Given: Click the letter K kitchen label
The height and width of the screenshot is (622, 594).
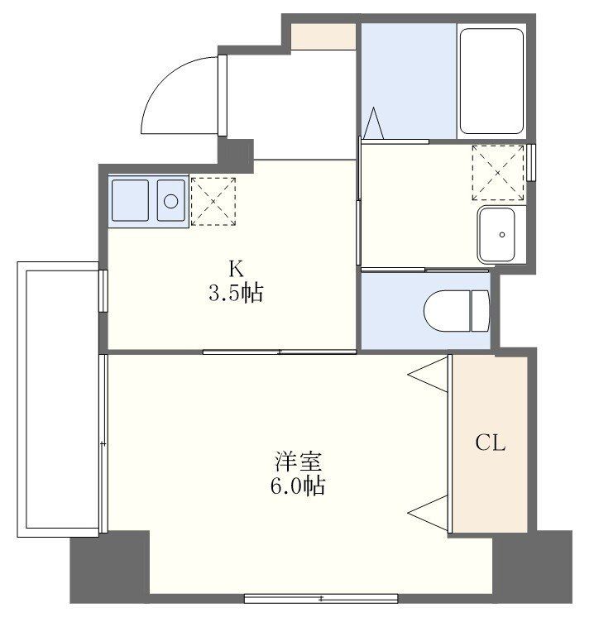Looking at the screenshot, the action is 236,269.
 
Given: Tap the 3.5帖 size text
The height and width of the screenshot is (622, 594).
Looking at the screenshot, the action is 236,293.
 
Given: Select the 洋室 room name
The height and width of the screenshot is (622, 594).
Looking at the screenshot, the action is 298,462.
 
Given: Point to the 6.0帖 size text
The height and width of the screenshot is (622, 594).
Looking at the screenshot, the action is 298,486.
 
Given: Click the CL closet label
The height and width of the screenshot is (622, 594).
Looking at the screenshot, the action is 491,443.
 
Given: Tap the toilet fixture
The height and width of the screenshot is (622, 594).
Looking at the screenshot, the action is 457,311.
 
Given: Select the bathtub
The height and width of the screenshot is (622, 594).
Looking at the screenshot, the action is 491,81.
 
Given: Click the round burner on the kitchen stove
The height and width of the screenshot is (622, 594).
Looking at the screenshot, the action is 171,201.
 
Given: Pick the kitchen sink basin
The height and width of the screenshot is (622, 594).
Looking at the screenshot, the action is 130,200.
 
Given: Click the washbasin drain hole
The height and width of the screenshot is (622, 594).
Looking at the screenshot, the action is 502,234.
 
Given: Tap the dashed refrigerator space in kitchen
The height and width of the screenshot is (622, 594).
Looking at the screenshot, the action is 213,202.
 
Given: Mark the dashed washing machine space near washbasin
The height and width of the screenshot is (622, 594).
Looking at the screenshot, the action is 498,173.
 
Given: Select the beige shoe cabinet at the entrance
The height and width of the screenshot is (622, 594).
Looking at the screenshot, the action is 323,36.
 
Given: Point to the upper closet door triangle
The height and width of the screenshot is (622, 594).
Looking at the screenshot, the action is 429,375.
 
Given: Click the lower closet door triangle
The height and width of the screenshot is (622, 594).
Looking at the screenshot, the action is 429,514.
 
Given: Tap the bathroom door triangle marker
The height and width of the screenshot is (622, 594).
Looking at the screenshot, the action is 373,123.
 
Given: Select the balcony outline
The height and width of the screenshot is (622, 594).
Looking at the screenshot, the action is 58,399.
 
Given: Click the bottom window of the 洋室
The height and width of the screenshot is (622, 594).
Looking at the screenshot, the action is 321,598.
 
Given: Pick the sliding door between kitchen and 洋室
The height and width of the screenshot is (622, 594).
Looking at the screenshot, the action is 280,352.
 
